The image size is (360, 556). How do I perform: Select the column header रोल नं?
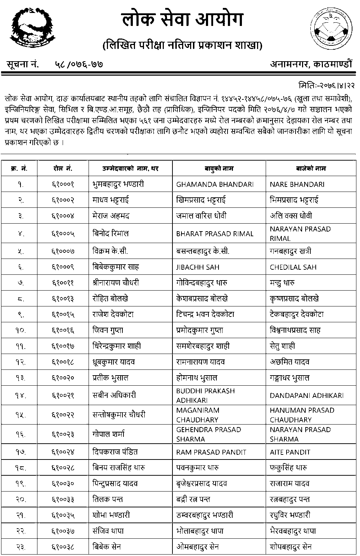point(63,169)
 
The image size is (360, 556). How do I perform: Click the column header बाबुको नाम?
point(219,169)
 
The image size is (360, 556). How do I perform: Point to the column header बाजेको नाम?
point(311,169)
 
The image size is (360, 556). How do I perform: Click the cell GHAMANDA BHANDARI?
point(215,184)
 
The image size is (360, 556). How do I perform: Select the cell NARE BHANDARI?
point(297,184)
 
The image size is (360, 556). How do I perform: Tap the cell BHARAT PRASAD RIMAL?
point(215,234)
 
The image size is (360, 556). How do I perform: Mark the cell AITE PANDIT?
point(290,452)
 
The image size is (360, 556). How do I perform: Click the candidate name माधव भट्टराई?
point(111,200)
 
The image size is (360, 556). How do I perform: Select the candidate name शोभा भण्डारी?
point(111,515)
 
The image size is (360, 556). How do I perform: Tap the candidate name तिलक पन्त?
point(107,499)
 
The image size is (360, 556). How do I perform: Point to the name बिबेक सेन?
point(106,547)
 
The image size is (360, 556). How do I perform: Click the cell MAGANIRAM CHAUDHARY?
point(198,415)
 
